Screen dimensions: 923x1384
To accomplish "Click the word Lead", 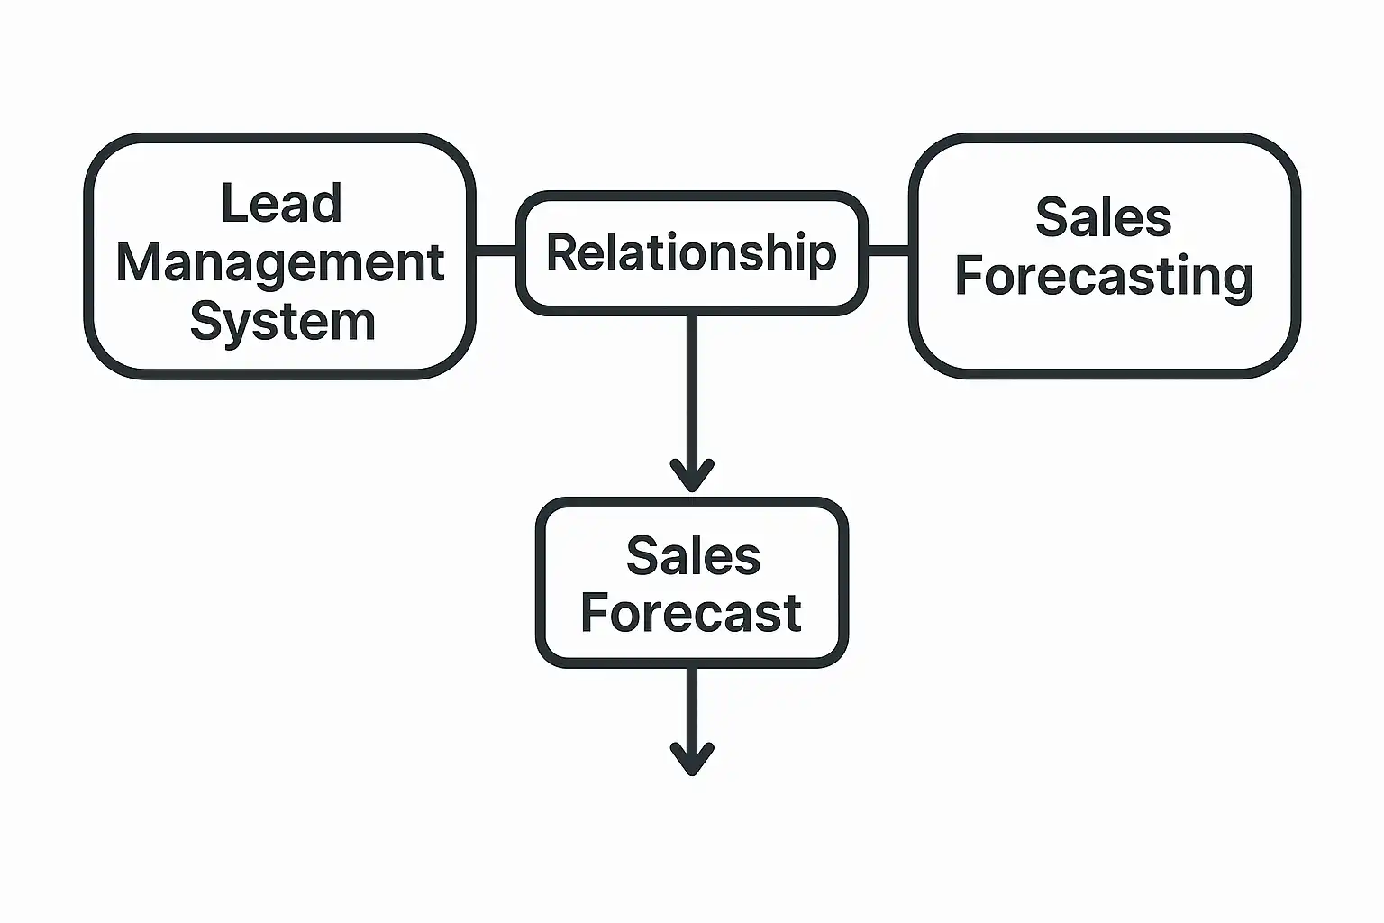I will click(281, 204).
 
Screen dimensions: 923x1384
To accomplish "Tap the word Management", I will click(280, 263).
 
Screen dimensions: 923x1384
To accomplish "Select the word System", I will click(282, 322).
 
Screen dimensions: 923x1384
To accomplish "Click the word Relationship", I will click(691, 253).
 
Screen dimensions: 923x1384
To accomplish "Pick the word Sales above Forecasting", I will click(1103, 218).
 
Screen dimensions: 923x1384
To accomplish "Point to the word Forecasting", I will click(1104, 277).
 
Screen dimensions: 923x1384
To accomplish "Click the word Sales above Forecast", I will click(693, 556).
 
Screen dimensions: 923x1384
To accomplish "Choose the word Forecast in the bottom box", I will click(691, 614).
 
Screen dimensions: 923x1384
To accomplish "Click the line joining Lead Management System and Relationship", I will click(496, 251).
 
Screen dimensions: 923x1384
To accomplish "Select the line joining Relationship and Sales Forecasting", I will click(888, 251).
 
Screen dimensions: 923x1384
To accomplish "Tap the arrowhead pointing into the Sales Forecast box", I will click(692, 476).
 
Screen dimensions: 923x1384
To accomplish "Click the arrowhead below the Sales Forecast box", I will click(692, 759).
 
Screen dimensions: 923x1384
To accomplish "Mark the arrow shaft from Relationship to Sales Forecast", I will click(692, 388).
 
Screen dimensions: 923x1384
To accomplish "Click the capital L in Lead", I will click(232, 204).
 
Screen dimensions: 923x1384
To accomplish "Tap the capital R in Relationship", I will click(562, 252).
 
